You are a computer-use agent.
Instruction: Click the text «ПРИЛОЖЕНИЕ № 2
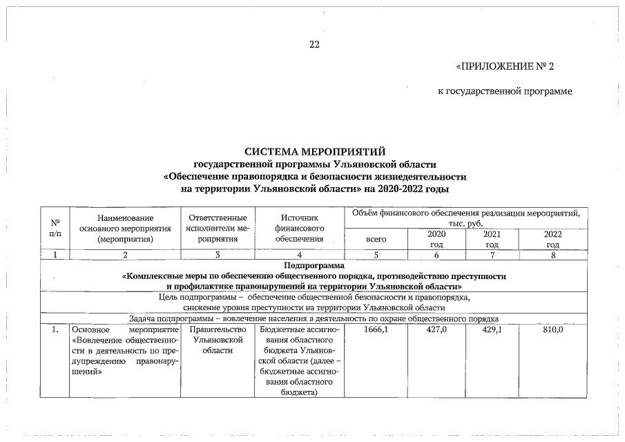[505, 67]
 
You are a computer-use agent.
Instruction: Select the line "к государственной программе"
[505, 92]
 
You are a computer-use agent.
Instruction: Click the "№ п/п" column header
[55, 227]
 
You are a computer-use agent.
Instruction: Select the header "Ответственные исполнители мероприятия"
[218, 228]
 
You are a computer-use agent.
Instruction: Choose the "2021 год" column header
[492, 239]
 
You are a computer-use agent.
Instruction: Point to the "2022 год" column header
[552, 239]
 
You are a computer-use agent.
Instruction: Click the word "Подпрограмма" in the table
[314, 265]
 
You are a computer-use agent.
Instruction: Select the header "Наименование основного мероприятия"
[125, 228]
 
